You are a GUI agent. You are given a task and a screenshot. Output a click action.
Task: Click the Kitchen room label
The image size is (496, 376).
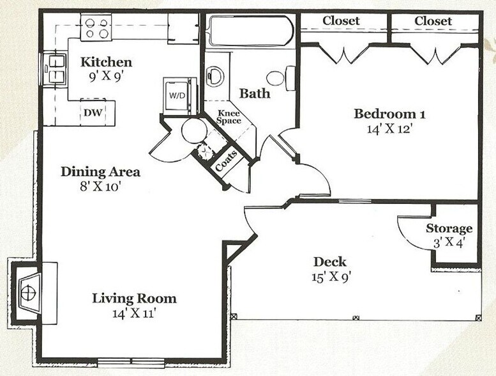106,62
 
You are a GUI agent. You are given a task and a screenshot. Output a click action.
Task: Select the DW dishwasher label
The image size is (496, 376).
93,113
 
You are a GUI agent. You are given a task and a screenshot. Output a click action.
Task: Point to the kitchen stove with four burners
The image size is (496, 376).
96,27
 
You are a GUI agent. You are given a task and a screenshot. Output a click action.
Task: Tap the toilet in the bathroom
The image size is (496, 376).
281,78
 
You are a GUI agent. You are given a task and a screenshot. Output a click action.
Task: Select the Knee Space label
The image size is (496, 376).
229,117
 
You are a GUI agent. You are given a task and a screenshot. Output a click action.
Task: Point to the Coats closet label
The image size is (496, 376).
226,161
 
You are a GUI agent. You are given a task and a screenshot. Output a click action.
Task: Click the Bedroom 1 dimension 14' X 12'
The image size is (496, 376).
389,129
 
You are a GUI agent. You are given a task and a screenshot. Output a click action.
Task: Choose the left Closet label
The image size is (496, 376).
341,21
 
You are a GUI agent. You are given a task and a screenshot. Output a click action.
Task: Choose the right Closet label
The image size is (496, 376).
433,21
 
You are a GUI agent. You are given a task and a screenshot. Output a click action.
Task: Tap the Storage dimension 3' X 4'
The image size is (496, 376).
449,243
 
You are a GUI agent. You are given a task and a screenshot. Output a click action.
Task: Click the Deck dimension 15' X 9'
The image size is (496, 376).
330,277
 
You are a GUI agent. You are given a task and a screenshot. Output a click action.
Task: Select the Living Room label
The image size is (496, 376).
135,299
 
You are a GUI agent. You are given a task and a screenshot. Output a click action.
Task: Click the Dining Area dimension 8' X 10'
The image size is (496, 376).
101,187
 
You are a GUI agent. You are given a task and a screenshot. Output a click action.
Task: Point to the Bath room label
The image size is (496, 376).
255,93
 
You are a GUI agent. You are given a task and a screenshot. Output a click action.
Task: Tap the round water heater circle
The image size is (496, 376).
194,131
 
